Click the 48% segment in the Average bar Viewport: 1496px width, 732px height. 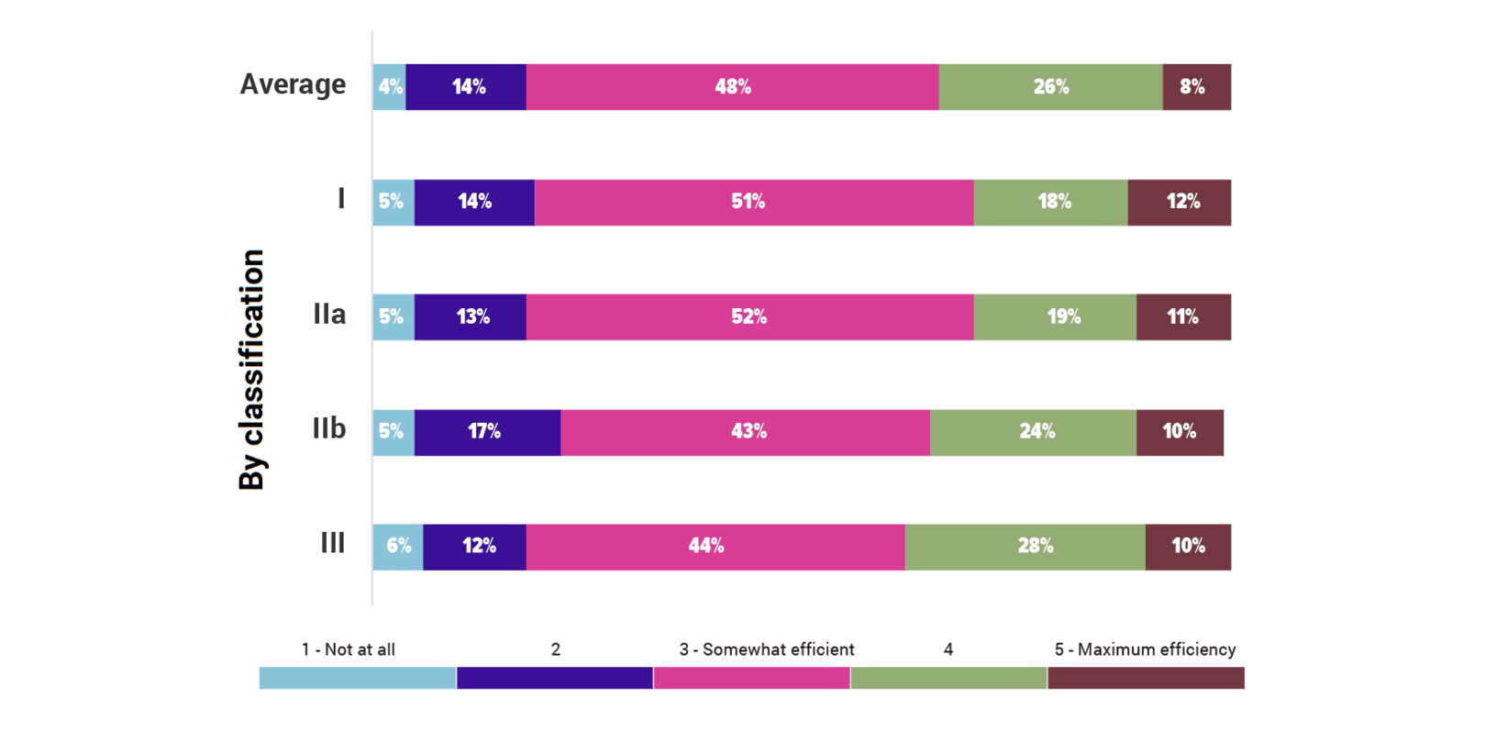pos(732,87)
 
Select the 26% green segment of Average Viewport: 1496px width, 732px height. pos(1050,87)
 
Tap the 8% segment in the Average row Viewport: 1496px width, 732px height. pos(1196,87)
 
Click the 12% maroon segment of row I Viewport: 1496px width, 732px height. pos(1179,202)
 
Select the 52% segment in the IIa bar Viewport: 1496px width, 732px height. pos(749,317)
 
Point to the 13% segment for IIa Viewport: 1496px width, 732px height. pos(471,317)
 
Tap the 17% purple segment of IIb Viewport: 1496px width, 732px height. pos(487,432)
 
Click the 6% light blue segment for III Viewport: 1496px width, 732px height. pos(397,547)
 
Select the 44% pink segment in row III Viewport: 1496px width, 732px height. pos(715,547)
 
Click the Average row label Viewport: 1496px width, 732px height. pos(293,84)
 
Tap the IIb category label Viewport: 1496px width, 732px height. pos(328,428)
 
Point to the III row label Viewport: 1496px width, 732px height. pos(332,543)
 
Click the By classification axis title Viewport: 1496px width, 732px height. pos(251,369)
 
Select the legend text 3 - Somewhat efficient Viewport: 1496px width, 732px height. pos(766,649)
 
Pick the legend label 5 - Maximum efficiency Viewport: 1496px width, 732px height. pos(1145,649)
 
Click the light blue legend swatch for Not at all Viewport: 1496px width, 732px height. pos(358,678)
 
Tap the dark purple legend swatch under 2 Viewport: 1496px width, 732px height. pos(554,678)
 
